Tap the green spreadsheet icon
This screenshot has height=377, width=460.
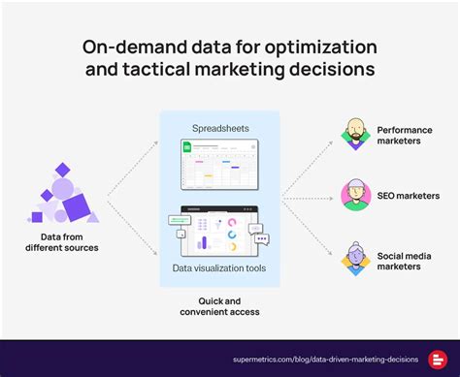click(187, 148)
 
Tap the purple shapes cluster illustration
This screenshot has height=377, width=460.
click(66, 197)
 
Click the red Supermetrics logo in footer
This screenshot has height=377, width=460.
click(436, 358)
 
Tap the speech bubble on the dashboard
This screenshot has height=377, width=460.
click(257, 231)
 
